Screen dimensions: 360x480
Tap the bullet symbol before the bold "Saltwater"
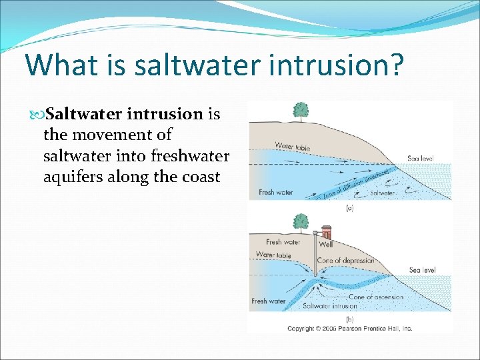[x=37, y=115]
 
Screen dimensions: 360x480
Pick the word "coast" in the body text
[x=199, y=177]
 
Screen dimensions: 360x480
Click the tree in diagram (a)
[x=301, y=111]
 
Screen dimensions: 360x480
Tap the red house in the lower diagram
[x=327, y=232]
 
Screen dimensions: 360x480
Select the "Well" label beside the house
[x=326, y=245]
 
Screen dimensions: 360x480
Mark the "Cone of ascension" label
[x=376, y=297]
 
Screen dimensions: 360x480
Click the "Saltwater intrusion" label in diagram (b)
[x=330, y=306]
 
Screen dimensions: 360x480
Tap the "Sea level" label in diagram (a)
[x=421, y=159]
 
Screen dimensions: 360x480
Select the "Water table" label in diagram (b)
[x=273, y=255]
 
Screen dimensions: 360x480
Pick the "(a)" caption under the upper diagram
[x=349, y=207]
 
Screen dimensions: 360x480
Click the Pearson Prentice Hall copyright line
[x=350, y=328]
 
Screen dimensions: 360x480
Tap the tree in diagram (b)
[x=301, y=221]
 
